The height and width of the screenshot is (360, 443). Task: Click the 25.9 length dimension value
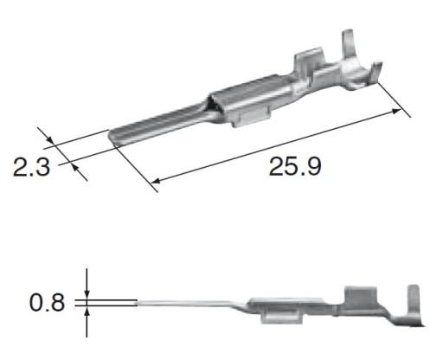(295, 166)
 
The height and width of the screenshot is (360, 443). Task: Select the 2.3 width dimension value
(31, 167)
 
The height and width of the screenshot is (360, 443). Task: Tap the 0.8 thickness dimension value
(47, 303)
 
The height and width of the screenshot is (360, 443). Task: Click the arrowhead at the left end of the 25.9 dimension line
(156, 181)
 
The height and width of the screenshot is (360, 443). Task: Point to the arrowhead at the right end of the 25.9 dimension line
(396, 112)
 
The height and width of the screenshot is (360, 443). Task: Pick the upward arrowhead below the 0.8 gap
(87, 311)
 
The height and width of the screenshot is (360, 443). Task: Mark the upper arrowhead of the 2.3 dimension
(49, 139)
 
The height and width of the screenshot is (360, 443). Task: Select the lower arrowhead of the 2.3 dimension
(74, 166)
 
